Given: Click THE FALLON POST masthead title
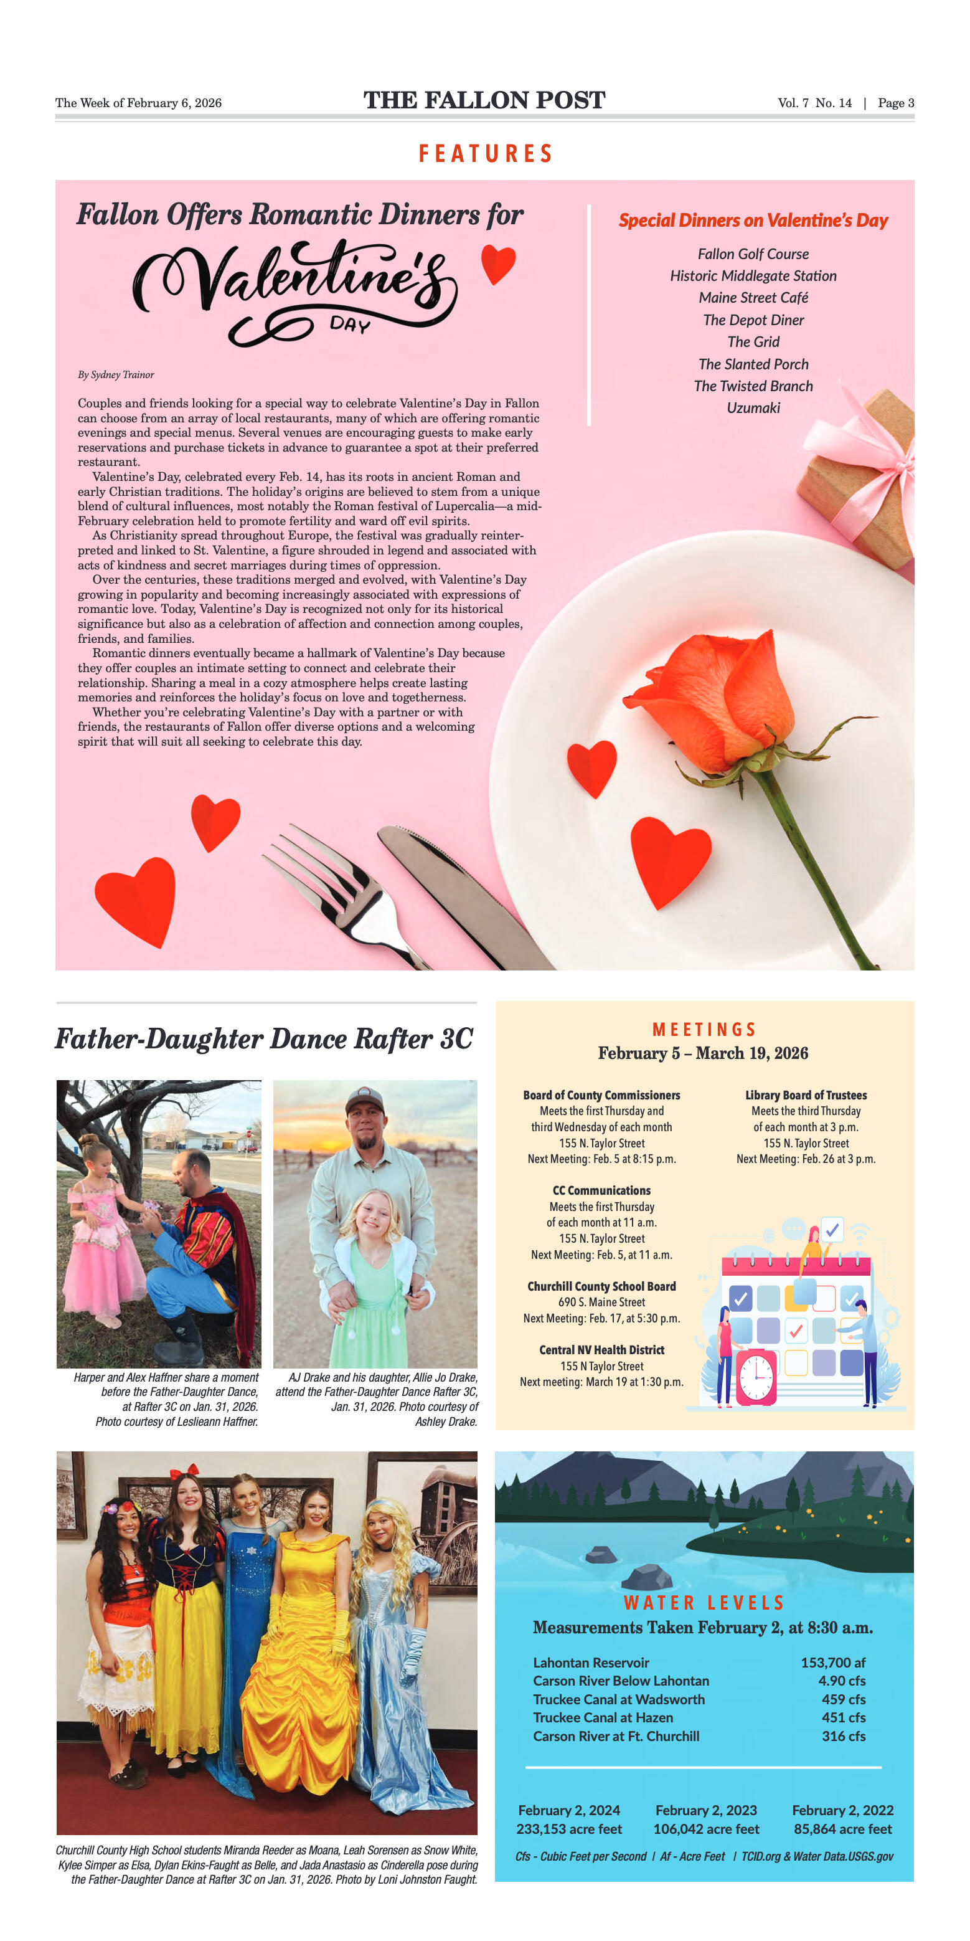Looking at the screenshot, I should point(484,100).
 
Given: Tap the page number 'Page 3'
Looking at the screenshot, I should point(895,103).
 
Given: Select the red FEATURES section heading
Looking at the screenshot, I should point(486,154).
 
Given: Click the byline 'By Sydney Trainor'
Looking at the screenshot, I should point(116,374).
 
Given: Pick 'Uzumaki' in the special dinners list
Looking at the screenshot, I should point(753,407).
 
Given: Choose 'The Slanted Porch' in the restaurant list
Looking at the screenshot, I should point(753,364).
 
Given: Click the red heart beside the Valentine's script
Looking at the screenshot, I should point(499,263).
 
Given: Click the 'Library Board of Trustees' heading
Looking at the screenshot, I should point(806,1095).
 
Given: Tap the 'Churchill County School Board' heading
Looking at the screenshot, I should point(601,1286).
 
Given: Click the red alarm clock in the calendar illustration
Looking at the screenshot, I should point(755,1377).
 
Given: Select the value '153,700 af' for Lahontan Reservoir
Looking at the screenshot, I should point(833,1662).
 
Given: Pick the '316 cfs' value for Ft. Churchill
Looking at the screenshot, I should point(844,1736).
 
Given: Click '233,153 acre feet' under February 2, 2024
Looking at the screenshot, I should point(569,1829).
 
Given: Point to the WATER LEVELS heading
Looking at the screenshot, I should point(704,1603).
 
